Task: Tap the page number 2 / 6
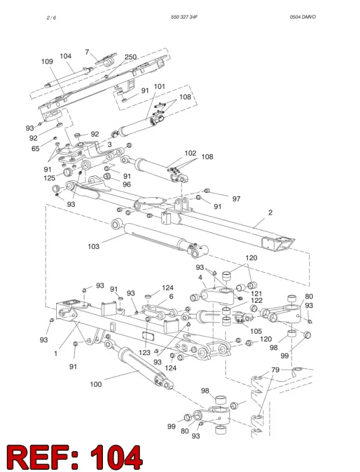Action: [x=51, y=18]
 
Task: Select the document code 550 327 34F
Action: [x=184, y=17]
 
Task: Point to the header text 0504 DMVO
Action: [x=303, y=17]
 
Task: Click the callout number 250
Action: [x=130, y=57]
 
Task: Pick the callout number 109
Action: [x=47, y=61]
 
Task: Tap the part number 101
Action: [x=159, y=87]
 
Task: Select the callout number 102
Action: [x=190, y=153]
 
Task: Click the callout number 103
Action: [x=93, y=247]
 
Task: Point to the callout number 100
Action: [x=96, y=384]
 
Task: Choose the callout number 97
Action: [x=236, y=199]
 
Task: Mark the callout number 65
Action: [x=35, y=149]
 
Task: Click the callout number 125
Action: [x=49, y=178]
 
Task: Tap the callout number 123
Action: [x=145, y=352]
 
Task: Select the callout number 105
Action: [x=256, y=332]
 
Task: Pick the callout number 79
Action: [x=276, y=370]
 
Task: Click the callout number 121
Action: [x=256, y=293]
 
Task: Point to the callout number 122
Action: [x=256, y=301]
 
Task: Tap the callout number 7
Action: [x=87, y=52]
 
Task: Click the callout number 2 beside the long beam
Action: [x=270, y=212]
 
